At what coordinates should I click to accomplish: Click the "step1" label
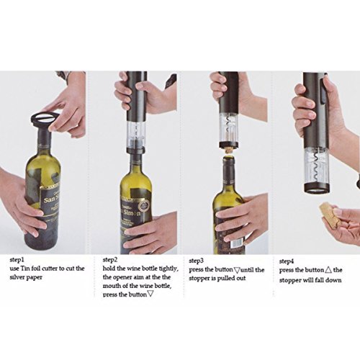(17, 260)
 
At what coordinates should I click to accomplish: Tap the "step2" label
(110, 260)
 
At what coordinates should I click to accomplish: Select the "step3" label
(197, 261)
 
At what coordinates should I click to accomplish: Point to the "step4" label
(287, 261)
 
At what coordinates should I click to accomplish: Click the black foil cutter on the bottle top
(45, 120)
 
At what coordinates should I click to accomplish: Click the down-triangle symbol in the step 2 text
(150, 294)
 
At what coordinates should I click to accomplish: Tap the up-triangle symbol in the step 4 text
(328, 270)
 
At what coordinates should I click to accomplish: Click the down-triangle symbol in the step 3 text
(237, 270)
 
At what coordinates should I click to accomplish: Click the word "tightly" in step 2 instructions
(169, 269)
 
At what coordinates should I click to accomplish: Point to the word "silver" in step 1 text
(16, 277)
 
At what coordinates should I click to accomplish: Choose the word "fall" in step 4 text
(318, 280)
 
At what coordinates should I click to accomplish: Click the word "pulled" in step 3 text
(223, 279)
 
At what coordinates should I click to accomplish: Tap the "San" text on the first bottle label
(48, 200)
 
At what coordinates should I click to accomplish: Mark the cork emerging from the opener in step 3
(228, 151)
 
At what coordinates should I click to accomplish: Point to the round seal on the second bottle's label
(145, 206)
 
